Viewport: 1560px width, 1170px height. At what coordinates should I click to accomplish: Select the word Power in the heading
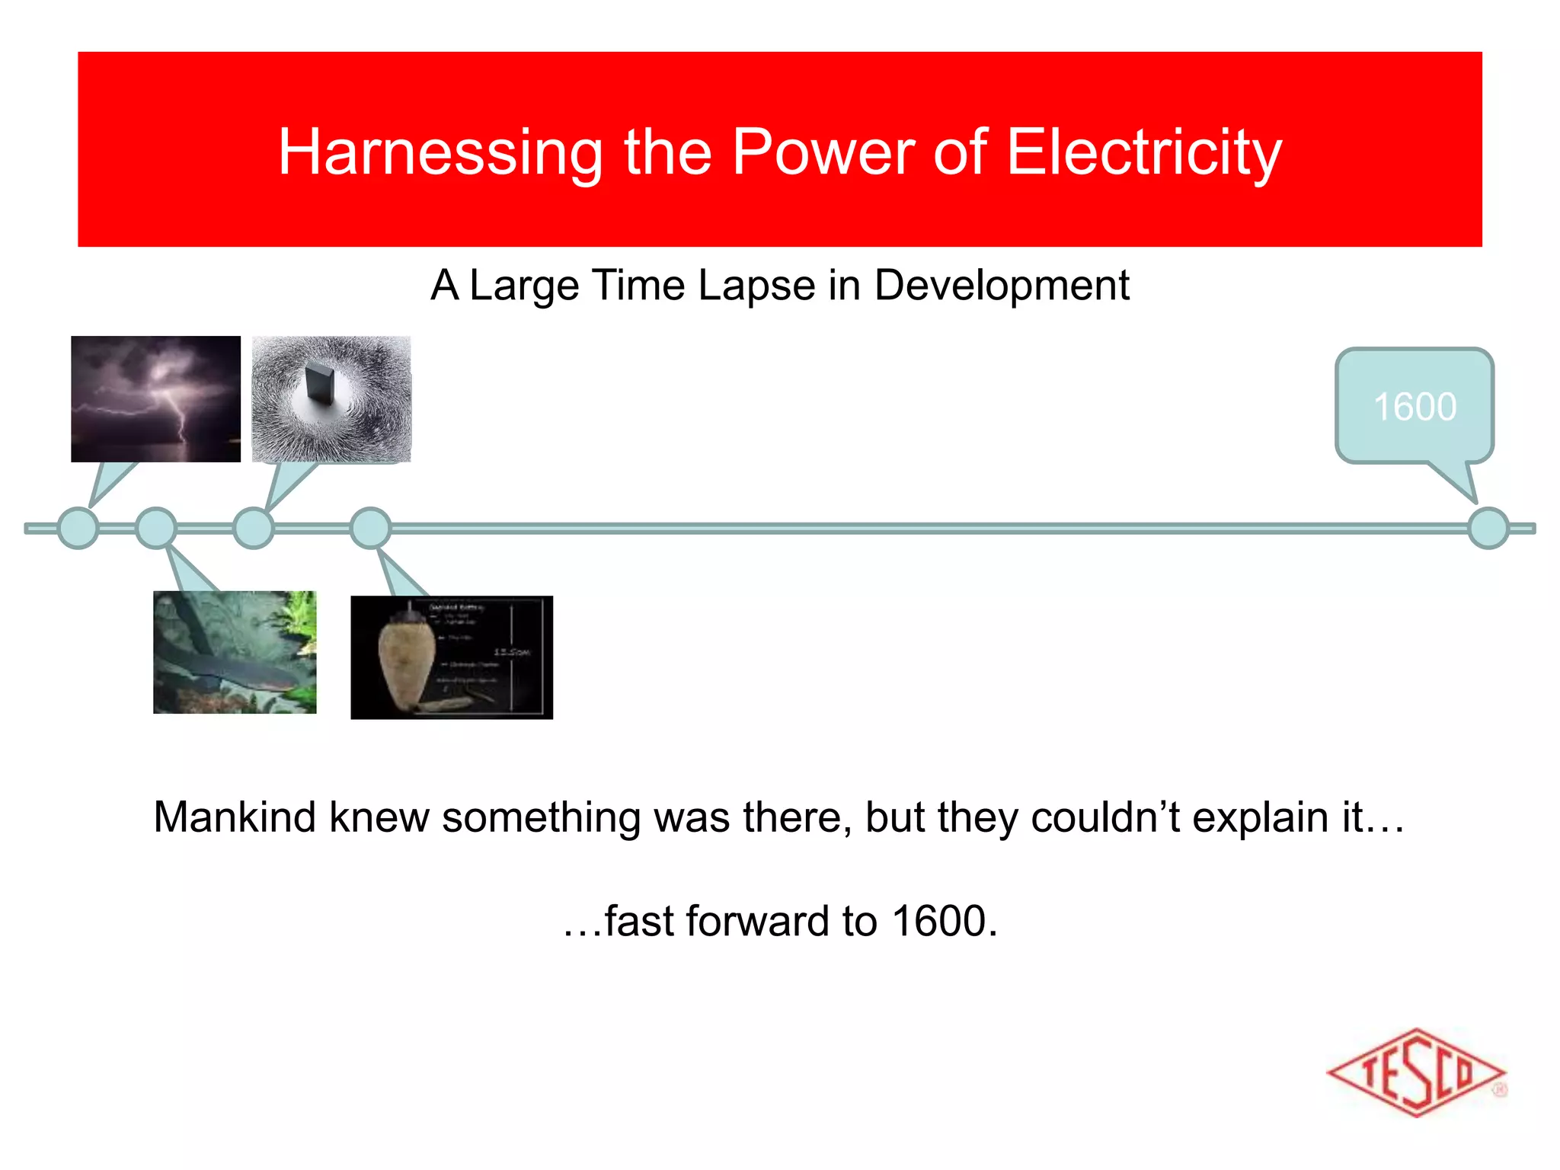[x=822, y=152]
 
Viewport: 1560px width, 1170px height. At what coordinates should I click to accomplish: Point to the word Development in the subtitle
[x=1001, y=286]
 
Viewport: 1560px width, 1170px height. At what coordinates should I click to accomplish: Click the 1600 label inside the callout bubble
[x=1415, y=407]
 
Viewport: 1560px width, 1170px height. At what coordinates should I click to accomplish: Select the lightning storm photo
[x=155, y=398]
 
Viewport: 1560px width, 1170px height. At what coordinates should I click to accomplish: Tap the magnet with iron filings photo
[x=331, y=398]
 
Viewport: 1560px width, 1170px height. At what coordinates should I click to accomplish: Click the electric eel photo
[x=235, y=652]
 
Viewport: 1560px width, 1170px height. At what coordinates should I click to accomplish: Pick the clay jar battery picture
[x=451, y=657]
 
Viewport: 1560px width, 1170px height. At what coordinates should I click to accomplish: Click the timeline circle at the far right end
[x=1488, y=528]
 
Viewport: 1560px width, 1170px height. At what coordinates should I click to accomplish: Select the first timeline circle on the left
[x=78, y=528]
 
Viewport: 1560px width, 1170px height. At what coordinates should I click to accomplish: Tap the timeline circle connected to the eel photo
[x=156, y=528]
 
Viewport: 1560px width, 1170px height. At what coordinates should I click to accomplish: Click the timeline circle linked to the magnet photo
[x=253, y=528]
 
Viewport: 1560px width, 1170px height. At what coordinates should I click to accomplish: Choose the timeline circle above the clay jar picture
[x=370, y=528]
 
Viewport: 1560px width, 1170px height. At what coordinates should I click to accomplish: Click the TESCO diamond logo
[x=1416, y=1072]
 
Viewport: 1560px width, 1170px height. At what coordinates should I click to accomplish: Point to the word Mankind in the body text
[x=235, y=817]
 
